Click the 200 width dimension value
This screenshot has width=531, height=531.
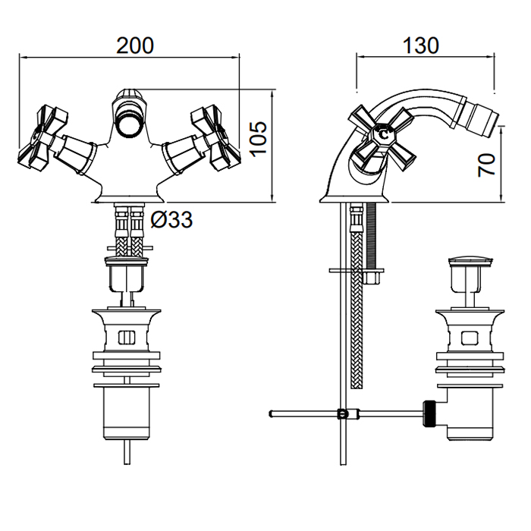[135, 46]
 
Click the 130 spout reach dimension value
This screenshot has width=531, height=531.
[421, 46]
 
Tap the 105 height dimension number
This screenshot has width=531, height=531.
[258, 137]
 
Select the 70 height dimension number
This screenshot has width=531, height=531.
[488, 162]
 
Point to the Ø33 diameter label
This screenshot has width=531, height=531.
[171, 220]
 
